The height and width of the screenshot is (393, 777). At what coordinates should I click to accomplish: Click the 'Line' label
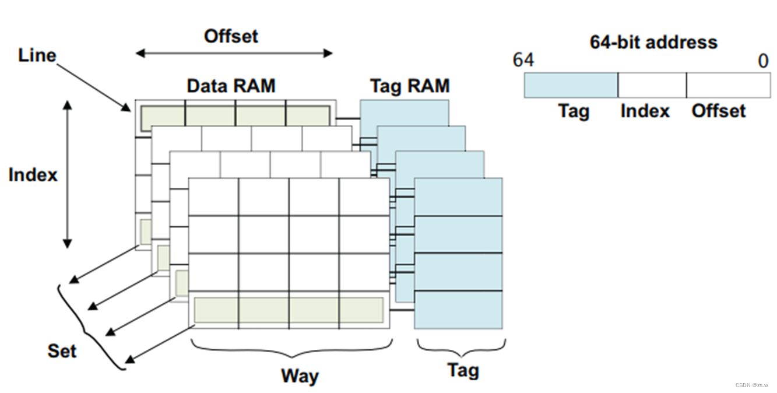pos(37,56)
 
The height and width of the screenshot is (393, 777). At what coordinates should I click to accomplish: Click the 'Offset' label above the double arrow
pos(231,36)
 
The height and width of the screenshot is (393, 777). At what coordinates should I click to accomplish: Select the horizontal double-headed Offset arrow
pos(234,54)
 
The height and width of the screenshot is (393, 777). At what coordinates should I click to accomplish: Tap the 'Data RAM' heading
pos(231,86)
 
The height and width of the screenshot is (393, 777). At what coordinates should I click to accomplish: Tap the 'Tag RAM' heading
pos(410,86)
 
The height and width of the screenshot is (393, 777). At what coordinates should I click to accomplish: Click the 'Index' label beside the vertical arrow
pos(33,174)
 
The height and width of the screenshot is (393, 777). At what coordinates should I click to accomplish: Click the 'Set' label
pos(62,351)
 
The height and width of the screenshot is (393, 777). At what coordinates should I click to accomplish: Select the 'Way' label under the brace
pos(300,375)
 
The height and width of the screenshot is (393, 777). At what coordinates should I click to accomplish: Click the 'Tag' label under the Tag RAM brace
pos(463,370)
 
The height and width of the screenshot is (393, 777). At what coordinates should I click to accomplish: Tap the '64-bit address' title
pos(653,43)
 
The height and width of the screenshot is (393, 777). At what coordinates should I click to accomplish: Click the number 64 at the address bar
pos(523,61)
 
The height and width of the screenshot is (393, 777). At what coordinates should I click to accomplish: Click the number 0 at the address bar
pos(764,61)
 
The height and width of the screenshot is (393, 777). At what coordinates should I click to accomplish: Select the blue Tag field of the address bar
pos(571,85)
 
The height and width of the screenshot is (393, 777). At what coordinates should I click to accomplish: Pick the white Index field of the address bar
pos(652,85)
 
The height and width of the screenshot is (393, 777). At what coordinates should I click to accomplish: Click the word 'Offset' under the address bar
pos(718,111)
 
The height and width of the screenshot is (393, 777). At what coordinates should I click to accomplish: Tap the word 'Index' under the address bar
pos(645,111)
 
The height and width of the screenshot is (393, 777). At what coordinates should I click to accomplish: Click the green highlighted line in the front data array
pos(289,310)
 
